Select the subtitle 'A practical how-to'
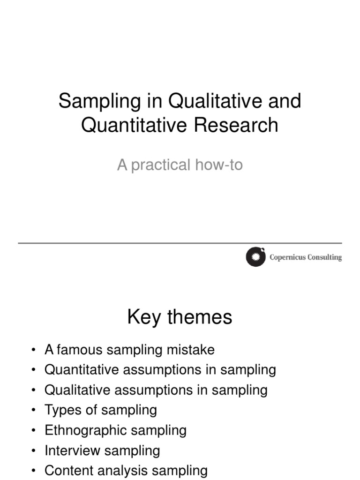pos(180,165)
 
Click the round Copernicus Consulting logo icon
pos(255,257)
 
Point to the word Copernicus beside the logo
pos(287,257)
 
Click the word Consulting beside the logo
pos(324,257)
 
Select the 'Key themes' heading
pos(180,317)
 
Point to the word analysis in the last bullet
pos(120,471)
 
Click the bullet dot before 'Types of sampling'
pos(34,411)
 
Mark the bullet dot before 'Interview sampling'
pos(34,451)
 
